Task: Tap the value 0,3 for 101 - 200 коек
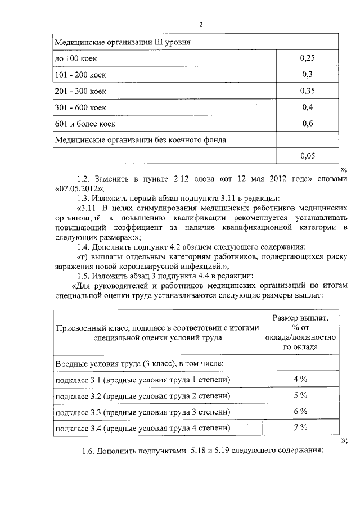[x=307, y=74]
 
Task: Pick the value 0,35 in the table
[x=307, y=91]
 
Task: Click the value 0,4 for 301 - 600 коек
[x=307, y=107]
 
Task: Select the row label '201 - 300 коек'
[x=80, y=91]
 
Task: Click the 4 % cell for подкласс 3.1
[x=300, y=379]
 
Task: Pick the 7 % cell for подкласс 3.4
[x=300, y=428]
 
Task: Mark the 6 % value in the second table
[x=300, y=412]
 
